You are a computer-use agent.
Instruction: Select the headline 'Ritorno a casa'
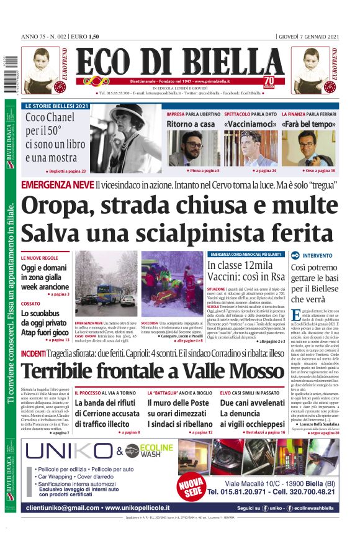191,125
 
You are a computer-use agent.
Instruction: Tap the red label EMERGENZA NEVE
57,185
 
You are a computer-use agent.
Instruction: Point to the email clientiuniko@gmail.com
63,507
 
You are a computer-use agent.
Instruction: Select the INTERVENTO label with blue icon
317,255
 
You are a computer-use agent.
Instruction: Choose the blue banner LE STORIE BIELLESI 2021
56,106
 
